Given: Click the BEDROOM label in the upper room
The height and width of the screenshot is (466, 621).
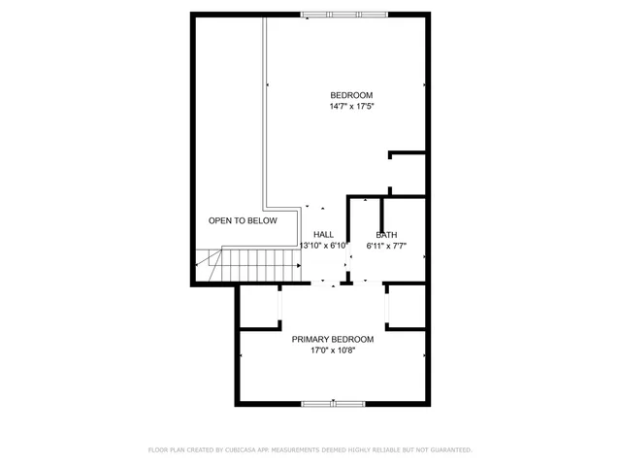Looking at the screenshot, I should click(351, 95).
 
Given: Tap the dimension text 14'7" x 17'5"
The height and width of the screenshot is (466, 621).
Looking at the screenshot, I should click(351, 106).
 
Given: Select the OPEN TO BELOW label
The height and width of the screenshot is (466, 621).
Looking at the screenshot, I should click(243, 221).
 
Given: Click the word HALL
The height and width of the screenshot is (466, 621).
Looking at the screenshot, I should click(324, 235).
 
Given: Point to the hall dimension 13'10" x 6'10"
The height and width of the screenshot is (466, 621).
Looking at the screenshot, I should click(324, 246).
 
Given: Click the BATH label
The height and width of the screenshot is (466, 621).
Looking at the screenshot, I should click(387, 235).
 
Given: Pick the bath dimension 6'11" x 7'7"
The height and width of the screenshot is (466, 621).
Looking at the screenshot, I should click(387, 246).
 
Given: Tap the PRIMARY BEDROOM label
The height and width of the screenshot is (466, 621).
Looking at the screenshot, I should click(333, 339).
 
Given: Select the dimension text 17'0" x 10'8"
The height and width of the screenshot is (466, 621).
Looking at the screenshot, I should click(333, 349).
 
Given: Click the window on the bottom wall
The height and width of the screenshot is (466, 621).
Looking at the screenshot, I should click(333, 403).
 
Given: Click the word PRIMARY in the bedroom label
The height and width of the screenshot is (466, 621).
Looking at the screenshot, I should click(311, 339).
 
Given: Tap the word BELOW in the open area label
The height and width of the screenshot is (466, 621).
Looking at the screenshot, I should click(262, 221).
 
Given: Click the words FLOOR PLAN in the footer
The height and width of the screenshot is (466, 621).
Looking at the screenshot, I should click(167, 449).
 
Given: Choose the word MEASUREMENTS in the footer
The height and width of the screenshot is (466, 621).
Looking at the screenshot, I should click(305, 449).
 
